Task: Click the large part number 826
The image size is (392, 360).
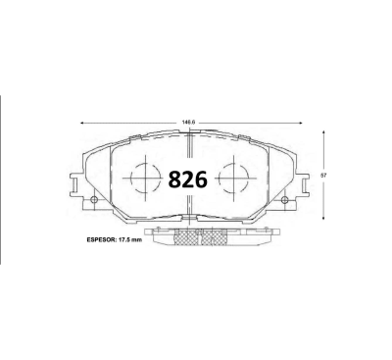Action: tap(188, 180)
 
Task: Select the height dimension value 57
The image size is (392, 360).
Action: tap(323, 176)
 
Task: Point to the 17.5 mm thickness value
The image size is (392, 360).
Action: tap(129, 239)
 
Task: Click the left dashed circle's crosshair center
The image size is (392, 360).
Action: tap(145, 179)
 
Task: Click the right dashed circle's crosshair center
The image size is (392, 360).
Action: tap(234, 179)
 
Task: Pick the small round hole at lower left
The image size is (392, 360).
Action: tap(94, 199)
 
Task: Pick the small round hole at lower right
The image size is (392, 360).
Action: tap(284, 199)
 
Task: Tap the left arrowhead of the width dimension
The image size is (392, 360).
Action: tap(82, 123)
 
